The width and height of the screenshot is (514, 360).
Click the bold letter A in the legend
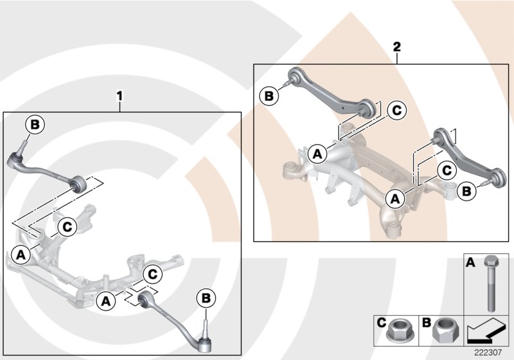click(x=470, y=262)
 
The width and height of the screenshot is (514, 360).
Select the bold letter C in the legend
click(x=381, y=321)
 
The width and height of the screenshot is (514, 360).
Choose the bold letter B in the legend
click(x=426, y=321)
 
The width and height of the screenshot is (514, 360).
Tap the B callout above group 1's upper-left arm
click(x=35, y=123)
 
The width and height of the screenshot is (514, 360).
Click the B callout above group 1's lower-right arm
click(x=205, y=298)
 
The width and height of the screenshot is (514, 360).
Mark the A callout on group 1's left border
click(x=21, y=255)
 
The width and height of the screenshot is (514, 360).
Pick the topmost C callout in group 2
click(x=396, y=111)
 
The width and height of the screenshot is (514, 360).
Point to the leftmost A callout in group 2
click(x=316, y=154)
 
